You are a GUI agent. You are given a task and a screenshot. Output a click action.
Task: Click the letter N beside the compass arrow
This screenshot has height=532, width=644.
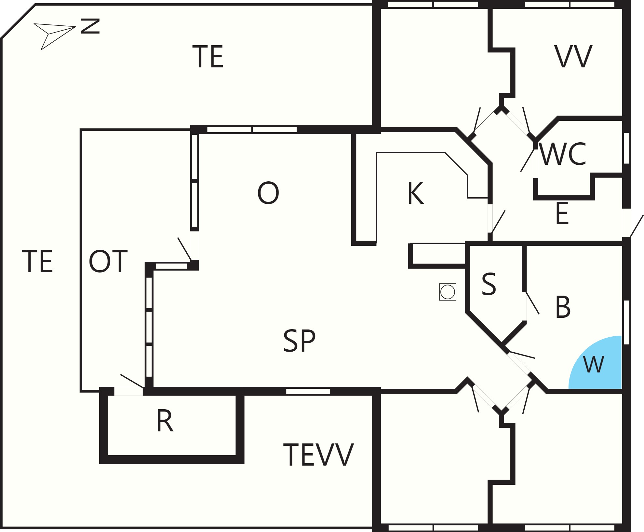pyautogui.click(x=90, y=26)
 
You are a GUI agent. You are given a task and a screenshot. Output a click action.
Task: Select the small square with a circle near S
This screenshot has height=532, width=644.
pyautogui.click(x=448, y=292)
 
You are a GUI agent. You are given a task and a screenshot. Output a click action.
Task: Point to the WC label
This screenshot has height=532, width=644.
pyautogui.click(x=562, y=154)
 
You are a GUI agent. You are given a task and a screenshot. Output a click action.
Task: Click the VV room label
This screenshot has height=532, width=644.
pyautogui.click(x=573, y=57)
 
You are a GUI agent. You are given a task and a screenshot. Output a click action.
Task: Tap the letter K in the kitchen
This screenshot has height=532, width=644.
pyautogui.click(x=415, y=193)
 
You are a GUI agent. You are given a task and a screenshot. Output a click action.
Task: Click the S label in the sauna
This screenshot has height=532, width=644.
pyautogui.click(x=489, y=284)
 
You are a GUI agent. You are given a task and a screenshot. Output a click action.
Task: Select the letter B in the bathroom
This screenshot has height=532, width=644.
pyautogui.click(x=563, y=307)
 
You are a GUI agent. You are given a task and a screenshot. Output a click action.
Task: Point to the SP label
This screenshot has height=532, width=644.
pyautogui.click(x=299, y=341)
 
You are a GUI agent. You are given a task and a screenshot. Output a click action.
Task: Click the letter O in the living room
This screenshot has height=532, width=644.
pyautogui.click(x=268, y=193)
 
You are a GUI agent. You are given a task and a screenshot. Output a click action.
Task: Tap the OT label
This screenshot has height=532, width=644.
pyautogui.click(x=108, y=261)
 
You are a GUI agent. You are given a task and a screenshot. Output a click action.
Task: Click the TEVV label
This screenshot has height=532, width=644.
pyautogui.click(x=318, y=455)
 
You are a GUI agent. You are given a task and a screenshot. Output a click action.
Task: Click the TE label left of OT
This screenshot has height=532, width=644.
pyautogui.click(x=37, y=261)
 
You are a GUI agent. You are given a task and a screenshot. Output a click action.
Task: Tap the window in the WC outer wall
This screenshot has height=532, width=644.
pyautogui.click(x=626, y=148)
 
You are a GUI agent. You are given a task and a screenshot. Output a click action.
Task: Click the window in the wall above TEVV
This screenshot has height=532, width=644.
pyautogui.click(x=308, y=391)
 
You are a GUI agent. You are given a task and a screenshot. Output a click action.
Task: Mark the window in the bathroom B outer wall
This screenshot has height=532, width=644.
pyautogui.click(x=626, y=322)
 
